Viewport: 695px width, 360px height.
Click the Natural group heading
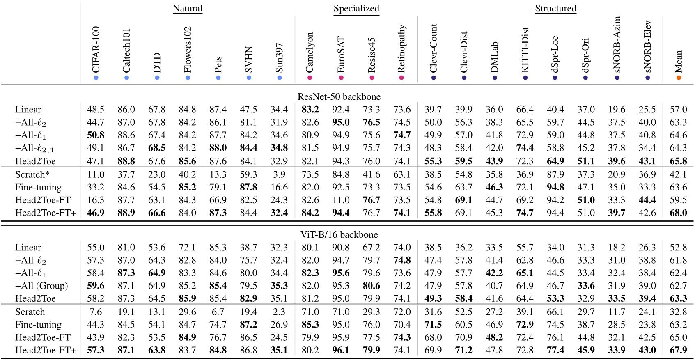click(x=188, y=9)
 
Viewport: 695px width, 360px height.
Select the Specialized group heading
click(x=356, y=9)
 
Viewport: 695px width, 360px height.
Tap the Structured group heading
click(x=555, y=9)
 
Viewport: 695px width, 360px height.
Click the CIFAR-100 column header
click(x=96, y=49)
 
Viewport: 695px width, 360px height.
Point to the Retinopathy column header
click(x=401, y=48)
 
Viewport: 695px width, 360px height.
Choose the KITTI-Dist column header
click(x=525, y=50)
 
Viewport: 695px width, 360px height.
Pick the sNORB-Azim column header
click(x=617, y=44)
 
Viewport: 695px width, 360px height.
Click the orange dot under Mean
click(x=679, y=78)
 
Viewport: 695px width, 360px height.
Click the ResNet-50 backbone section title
click(x=339, y=96)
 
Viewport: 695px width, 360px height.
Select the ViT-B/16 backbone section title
click(x=339, y=234)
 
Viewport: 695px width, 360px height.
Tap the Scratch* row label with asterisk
click(x=32, y=174)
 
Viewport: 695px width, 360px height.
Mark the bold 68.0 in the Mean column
click(x=678, y=213)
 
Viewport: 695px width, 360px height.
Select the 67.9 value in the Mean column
click(x=678, y=351)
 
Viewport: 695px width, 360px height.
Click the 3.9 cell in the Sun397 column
click(x=279, y=174)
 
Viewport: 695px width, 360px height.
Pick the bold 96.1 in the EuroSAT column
click(x=341, y=351)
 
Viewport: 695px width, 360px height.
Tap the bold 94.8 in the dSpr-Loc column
click(x=555, y=187)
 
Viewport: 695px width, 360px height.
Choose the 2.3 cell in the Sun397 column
click(x=279, y=312)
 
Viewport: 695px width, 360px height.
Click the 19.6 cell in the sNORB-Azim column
click(x=617, y=110)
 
